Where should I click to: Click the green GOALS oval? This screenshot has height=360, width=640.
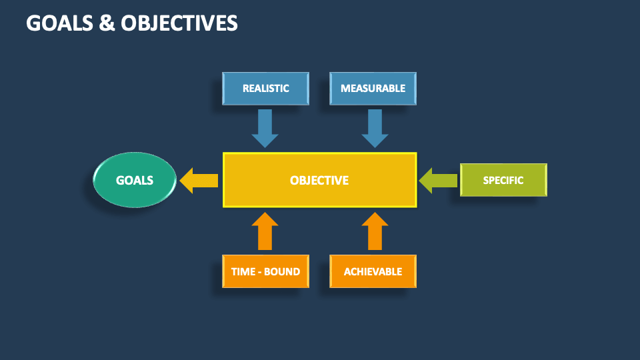pyautogui.click(x=134, y=180)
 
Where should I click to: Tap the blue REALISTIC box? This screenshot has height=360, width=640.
pyautogui.click(x=265, y=89)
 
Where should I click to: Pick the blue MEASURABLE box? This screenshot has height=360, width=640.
pyautogui.click(x=373, y=89)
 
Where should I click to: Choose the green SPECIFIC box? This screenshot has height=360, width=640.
pyautogui.click(x=503, y=180)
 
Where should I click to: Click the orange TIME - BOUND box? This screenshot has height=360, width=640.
pyautogui.click(x=265, y=271)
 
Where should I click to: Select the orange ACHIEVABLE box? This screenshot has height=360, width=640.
pyautogui.click(x=373, y=271)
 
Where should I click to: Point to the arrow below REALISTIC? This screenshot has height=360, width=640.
pyautogui.click(x=265, y=128)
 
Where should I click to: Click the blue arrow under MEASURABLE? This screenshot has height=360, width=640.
pyautogui.click(x=375, y=128)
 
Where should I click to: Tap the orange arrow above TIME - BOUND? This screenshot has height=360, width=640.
pyautogui.click(x=265, y=231)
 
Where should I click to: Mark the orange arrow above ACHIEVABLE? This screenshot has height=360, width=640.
pyautogui.click(x=375, y=231)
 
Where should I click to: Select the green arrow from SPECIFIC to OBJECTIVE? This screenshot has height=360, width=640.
pyautogui.click(x=438, y=180)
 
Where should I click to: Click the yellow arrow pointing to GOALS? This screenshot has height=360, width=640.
pyautogui.click(x=199, y=180)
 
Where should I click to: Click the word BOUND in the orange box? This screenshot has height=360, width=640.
pyautogui.click(x=283, y=272)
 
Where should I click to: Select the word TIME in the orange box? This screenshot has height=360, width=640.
pyautogui.click(x=243, y=272)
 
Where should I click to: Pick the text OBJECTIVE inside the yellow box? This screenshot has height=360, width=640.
pyautogui.click(x=319, y=181)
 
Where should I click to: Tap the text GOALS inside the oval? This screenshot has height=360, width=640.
pyautogui.click(x=134, y=181)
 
